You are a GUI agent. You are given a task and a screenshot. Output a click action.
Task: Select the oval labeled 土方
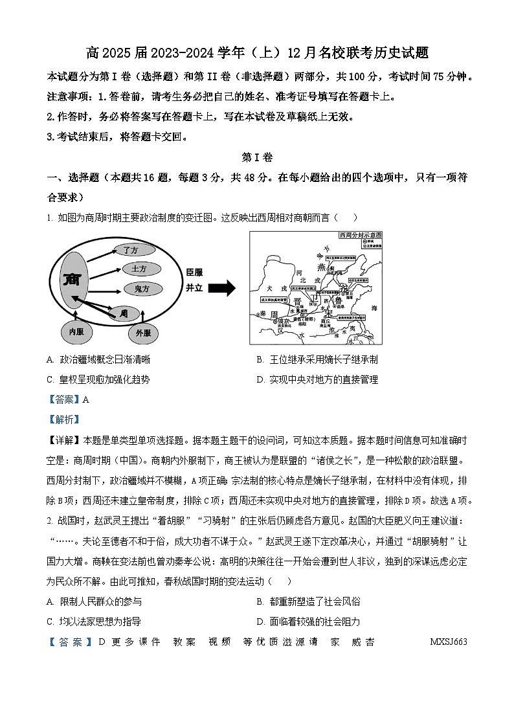pyautogui.click(x=139, y=268)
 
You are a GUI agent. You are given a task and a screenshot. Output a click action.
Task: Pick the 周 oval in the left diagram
pyautogui.click(x=123, y=313)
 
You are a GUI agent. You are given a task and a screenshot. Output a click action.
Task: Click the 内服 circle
pyautogui.click(x=73, y=332)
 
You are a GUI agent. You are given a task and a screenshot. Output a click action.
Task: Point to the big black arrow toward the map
pyautogui.click(x=221, y=289)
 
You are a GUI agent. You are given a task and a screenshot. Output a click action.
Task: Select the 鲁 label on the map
pyautogui.click(x=340, y=300)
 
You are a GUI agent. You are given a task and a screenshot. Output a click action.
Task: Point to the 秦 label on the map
pyautogui.click(x=262, y=314)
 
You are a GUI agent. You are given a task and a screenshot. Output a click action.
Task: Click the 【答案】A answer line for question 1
pyautogui.click(x=68, y=399)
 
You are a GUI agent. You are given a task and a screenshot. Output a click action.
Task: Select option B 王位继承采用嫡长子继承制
pyautogui.click(x=317, y=359)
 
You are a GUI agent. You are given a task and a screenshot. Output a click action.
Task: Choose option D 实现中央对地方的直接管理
pyautogui.click(x=317, y=379)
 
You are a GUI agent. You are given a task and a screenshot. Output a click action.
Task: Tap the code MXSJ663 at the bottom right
pyautogui.click(x=448, y=642)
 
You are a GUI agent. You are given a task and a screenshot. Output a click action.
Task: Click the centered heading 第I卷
pyautogui.click(x=257, y=157)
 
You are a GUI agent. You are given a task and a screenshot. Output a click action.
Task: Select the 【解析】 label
pyautogui.click(x=63, y=419)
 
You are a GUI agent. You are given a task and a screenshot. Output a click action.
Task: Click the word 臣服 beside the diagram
pyautogui.click(x=194, y=272)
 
